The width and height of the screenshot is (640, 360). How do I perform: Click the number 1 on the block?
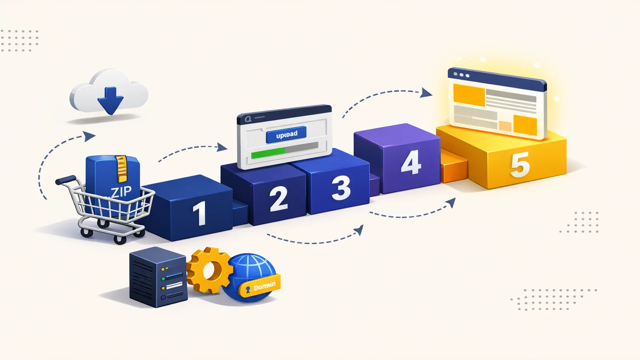pos(200,213)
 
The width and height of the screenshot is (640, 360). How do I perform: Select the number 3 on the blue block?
pos(341,188)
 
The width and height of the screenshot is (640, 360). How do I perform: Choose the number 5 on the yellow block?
pos(520,165)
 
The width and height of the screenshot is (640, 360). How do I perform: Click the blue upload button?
pos(286,134)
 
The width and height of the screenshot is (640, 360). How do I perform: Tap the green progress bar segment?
pos(268,153)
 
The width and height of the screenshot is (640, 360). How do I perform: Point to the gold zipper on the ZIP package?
pos(122,168)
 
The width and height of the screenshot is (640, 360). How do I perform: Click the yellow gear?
pos(210,270)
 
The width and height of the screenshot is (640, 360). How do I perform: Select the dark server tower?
pos(158,277)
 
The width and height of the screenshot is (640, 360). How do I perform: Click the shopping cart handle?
pos(66,180)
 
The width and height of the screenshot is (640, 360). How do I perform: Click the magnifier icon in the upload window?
pos(248,119)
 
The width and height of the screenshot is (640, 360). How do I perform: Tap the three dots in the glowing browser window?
pos(462,75)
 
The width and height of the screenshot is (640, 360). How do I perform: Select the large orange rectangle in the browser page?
pos(469,95)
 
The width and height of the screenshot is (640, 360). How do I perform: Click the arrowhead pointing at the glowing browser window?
pos(427,93)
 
